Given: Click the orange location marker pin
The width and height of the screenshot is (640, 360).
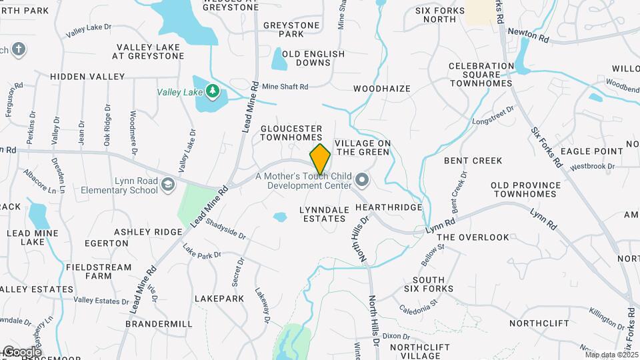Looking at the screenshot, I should (x=321, y=159).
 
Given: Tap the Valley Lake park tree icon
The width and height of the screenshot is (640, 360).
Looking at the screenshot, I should (x=212, y=91).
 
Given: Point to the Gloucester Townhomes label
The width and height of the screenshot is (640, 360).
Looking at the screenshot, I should (x=291, y=133).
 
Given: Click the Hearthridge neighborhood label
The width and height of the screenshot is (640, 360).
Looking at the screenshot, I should (x=389, y=207).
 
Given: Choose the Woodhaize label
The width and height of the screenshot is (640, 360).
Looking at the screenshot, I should (x=382, y=88).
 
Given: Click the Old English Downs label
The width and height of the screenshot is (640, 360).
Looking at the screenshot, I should (x=313, y=58).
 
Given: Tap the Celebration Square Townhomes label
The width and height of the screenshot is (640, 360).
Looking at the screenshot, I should (x=481, y=75).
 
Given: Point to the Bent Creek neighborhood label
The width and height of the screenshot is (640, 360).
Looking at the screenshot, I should (x=473, y=161).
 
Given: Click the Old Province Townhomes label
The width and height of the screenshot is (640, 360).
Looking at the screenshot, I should (x=523, y=189).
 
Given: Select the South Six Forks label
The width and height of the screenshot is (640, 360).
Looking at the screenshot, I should (x=429, y=284).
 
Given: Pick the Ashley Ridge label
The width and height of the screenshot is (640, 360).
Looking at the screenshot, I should (x=148, y=231).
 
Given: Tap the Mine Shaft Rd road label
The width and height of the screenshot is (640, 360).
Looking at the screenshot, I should (x=285, y=87).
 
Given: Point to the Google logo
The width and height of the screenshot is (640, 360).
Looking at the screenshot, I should (x=21, y=352).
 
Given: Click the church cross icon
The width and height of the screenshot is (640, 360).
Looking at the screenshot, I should (x=19, y=49).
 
